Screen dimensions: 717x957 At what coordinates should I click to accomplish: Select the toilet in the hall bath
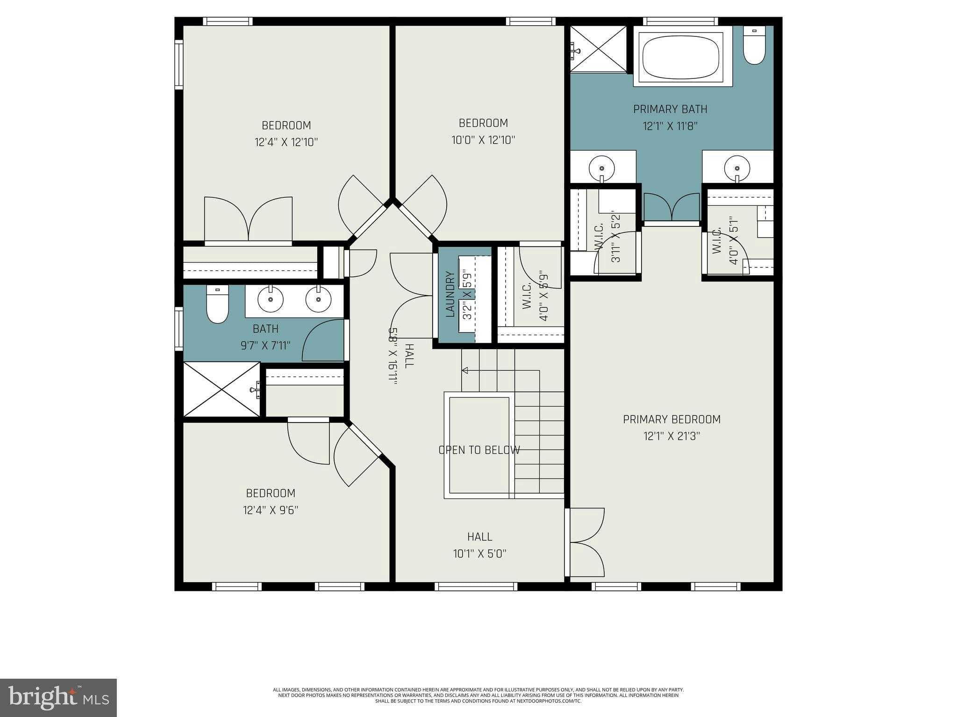217,304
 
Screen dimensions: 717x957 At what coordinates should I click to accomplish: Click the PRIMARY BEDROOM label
671,420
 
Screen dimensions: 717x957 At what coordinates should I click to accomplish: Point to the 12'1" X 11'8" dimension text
670,126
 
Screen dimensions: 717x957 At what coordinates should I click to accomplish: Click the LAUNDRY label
450,295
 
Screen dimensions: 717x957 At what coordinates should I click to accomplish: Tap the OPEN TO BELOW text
479,450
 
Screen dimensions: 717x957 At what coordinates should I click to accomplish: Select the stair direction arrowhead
465,371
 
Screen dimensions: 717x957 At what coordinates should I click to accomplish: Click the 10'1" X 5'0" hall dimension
479,554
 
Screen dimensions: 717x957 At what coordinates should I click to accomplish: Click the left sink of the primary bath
601,167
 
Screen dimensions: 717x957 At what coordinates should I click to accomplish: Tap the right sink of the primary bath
737,168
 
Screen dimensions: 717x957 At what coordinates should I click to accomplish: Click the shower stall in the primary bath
598,49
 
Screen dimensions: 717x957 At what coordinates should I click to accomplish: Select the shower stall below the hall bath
221,389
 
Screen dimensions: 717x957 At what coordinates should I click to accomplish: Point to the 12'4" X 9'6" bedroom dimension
271,510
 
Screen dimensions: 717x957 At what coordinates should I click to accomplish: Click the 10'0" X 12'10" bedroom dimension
483,140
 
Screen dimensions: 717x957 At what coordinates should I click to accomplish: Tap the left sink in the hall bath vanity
270,299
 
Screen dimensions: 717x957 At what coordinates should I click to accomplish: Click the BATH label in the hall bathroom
265,329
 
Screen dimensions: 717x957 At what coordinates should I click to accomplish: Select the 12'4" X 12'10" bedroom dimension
286,142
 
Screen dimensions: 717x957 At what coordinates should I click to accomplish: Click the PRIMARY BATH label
670,109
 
